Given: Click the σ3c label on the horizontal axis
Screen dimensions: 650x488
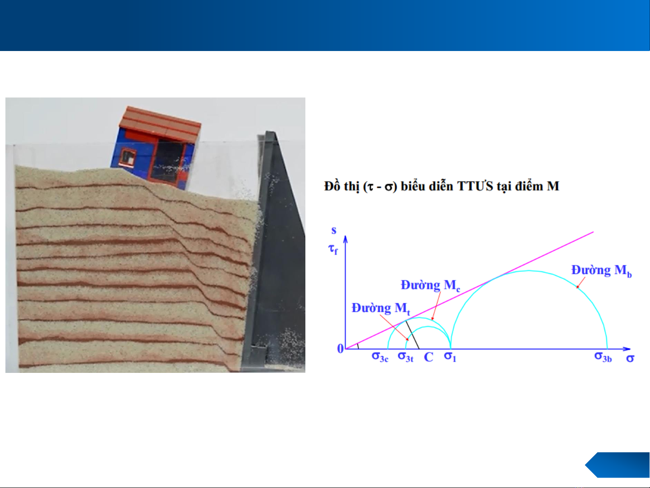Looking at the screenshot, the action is (380, 357).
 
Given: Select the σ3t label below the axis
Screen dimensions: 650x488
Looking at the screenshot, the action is (406, 357).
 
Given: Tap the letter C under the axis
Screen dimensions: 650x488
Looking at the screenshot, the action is (429, 358).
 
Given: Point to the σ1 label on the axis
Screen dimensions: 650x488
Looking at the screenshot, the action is (450, 357).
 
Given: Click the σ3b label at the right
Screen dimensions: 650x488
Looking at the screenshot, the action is (603, 357).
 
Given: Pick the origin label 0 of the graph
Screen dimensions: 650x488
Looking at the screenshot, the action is (341, 349).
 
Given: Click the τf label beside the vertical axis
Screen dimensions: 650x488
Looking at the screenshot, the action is (333, 249).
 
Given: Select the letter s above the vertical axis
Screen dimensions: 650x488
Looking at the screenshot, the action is (334, 230).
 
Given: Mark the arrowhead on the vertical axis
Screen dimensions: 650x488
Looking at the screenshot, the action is (345, 239).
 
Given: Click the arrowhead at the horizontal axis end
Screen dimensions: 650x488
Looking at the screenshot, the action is (627, 349).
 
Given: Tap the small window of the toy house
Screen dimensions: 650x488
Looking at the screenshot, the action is (128, 157).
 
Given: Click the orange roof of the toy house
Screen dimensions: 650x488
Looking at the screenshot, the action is (160, 123).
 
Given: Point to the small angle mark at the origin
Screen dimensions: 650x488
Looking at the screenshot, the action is (358, 346).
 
